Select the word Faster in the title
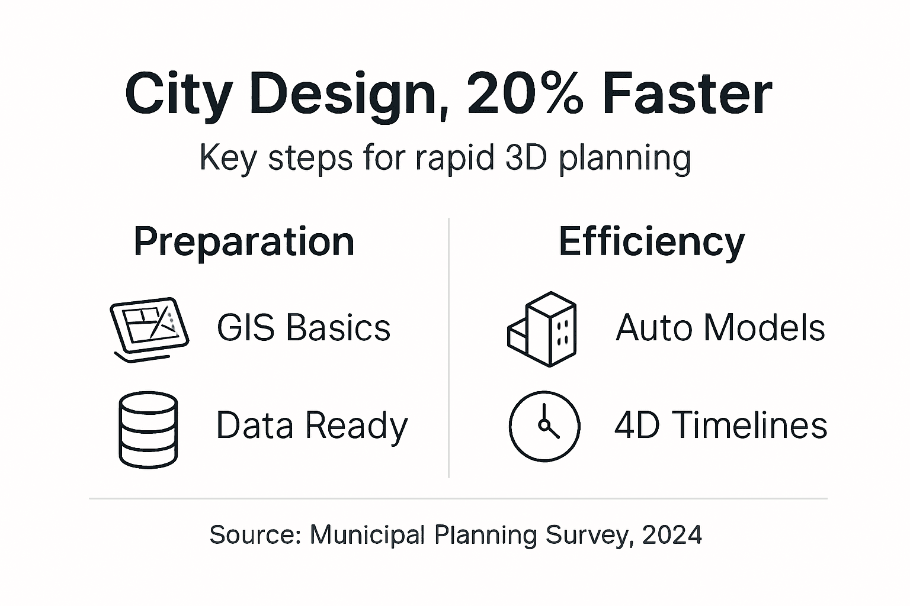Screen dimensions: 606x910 [687, 94]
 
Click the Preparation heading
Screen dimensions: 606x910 [243, 241]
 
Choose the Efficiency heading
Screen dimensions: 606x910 [652, 241]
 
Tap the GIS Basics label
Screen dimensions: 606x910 [303, 328]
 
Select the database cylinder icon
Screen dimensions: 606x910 [148, 429]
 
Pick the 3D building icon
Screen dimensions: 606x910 [542, 328]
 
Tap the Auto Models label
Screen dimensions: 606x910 [720, 328]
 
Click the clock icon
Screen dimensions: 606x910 [544, 426]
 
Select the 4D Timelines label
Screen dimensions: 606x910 [720, 426]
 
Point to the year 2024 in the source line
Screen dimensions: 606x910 [672, 535]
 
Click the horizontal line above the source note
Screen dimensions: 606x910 [458, 499]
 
